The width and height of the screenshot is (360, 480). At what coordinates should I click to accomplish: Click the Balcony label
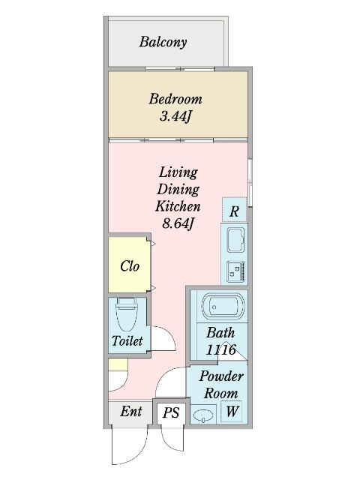[163, 42]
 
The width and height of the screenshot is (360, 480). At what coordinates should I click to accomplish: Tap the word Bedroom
[175, 99]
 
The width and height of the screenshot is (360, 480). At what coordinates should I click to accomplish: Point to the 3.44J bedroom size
[175, 116]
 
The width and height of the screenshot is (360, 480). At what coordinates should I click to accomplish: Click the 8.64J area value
[178, 223]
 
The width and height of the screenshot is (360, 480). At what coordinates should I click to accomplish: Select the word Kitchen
[178, 206]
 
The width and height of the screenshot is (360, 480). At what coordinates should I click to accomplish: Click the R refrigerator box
[234, 210]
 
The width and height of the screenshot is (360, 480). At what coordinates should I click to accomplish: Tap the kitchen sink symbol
[235, 240]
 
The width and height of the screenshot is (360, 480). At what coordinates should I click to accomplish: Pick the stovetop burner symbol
[235, 271]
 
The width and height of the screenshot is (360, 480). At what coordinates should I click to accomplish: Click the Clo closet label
[130, 266]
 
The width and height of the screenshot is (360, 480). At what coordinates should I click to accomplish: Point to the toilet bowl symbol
[127, 315]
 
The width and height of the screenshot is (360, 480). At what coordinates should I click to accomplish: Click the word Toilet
[127, 340]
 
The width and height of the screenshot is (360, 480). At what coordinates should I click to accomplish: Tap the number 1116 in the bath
[220, 349]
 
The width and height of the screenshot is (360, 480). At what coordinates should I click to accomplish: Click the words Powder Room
[221, 385]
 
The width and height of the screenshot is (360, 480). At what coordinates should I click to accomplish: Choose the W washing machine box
[232, 411]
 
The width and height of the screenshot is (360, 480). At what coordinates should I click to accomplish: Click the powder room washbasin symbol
[203, 415]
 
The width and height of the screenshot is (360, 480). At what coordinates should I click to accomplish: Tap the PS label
[171, 412]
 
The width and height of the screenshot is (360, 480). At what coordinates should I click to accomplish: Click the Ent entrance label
[131, 412]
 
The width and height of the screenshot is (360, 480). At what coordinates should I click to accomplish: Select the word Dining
[178, 189]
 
